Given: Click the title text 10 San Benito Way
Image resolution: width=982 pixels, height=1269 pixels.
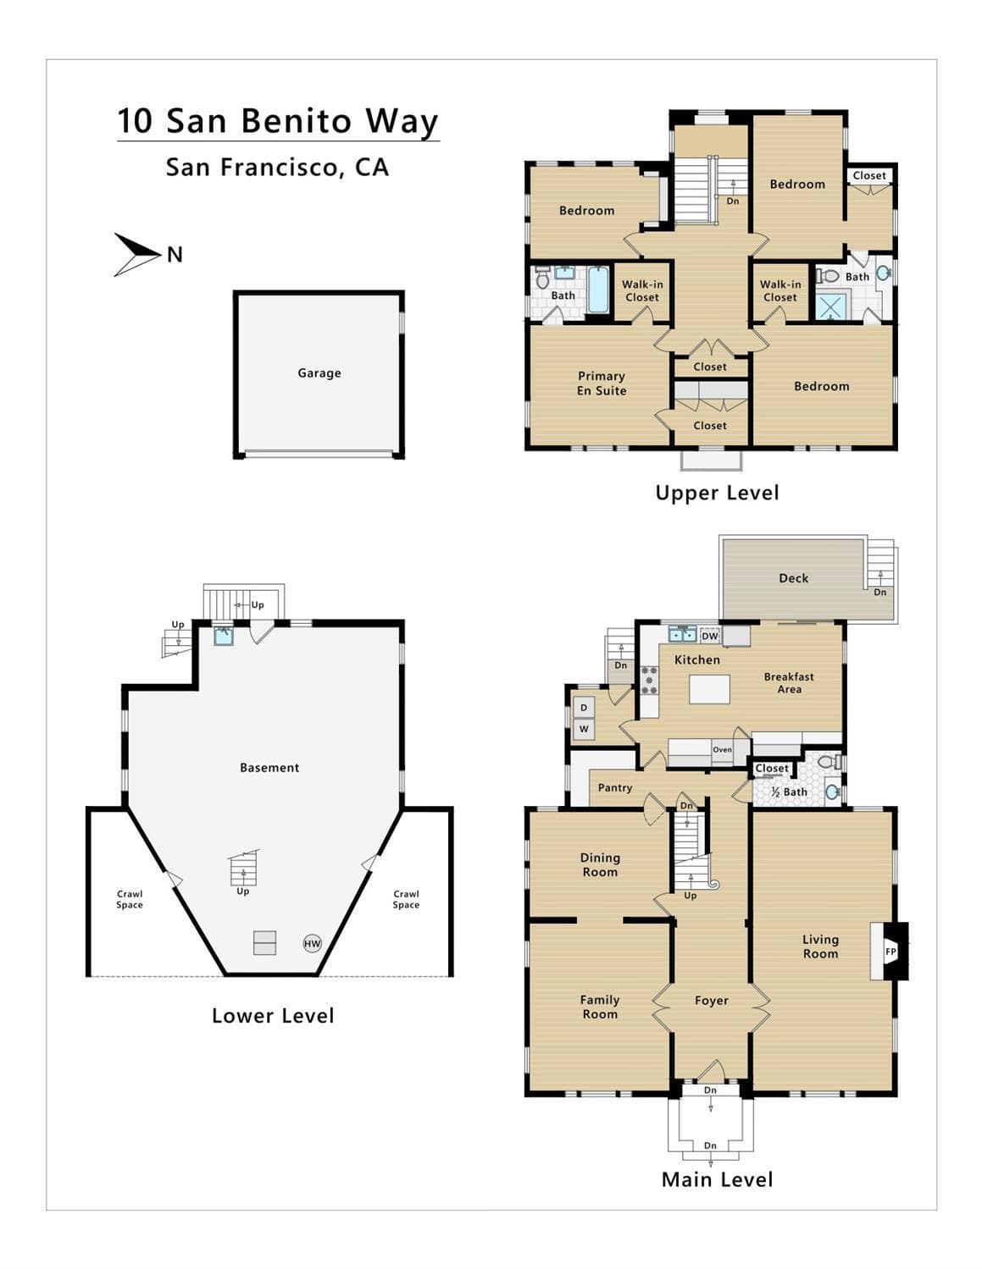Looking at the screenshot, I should point(278,121).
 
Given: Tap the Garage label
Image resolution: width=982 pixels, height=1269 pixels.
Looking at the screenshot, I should point(319,372).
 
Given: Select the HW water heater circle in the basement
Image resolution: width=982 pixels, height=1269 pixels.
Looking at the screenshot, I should point(312,943).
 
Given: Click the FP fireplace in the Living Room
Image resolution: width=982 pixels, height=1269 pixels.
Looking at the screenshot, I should point(890,951).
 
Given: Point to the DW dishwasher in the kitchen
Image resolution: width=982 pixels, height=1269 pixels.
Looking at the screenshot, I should point(709,636).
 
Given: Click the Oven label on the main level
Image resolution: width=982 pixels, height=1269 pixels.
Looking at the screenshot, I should point(722,750).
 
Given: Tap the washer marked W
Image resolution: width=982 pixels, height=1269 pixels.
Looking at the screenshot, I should point(584,728).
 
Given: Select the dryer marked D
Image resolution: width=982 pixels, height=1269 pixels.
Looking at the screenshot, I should point(584,708).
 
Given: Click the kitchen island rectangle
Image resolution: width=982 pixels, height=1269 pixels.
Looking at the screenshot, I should point(709,689).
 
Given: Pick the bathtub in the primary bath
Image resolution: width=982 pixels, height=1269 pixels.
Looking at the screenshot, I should point(598,290).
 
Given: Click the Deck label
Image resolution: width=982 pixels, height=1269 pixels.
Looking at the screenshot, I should point(793,578).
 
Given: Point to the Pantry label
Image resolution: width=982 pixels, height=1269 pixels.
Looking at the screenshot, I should point(615,787).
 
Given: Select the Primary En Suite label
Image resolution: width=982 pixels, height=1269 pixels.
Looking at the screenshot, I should point(602,383).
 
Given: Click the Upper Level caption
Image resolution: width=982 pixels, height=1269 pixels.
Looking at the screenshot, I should point(717,493).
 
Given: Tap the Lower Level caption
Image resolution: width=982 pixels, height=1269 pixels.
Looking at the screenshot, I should point(273,1016).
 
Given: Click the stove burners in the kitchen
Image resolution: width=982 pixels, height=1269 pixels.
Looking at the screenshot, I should point(649,681).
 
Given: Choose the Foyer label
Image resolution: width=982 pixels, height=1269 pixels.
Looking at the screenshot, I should point(711,1001).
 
